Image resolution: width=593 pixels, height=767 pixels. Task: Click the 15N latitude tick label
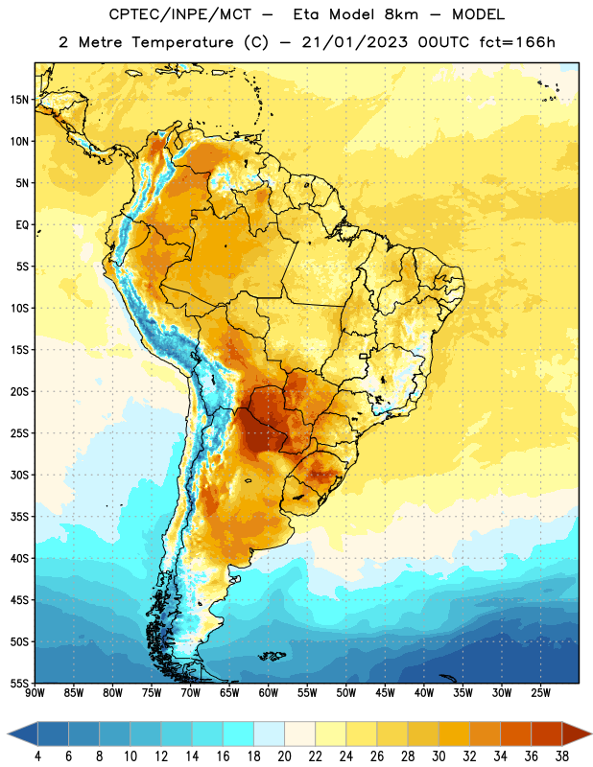pyautogui.click(x=19, y=100)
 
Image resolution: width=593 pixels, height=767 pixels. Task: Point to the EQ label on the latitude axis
pyautogui.click(x=22, y=225)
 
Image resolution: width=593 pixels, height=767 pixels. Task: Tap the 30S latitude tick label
pyautogui.click(x=19, y=475)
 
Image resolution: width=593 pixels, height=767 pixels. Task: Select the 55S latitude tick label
pyautogui.click(x=19, y=683)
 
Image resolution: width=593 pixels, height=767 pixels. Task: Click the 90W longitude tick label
pyautogui.click(x=36, y=693)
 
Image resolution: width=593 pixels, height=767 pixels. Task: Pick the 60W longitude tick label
pyautogui.click(x=269, y=693)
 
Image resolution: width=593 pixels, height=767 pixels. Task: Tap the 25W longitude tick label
pyautogui.click(x=540, y=693)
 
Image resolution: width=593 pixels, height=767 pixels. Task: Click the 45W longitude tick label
pyautogui.click(x=385, y=693)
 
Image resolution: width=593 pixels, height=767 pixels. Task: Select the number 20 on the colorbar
pyautogui.click(x=284, y=756)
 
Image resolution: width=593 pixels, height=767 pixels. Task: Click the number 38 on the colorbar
pyautogui.click(x=562, y=756)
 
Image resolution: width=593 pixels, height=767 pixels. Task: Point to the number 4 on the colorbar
pyautogui.click(x=37, y=756)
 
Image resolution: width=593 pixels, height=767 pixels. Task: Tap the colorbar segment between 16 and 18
pyautogui.click(x=239, y=733)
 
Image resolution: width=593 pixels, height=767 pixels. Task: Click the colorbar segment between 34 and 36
pyautogui.click(x=515, y=733)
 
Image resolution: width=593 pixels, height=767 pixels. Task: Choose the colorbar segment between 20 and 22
pyautogui.click(x=299, y=733)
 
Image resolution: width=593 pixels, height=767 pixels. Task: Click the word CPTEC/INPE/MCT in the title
pyautogui.click(x=180, y=14)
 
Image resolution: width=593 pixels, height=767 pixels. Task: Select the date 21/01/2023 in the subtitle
pyautogui.click(x=354, y=42)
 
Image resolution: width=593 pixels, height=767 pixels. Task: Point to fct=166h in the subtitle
pyautogui.click(x=517, y=42)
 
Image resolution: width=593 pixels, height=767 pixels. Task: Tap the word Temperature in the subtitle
pyautogui.click(x=182, y=42)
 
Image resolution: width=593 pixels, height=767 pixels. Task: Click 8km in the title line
pyautogui.click(x=401, y=14)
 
